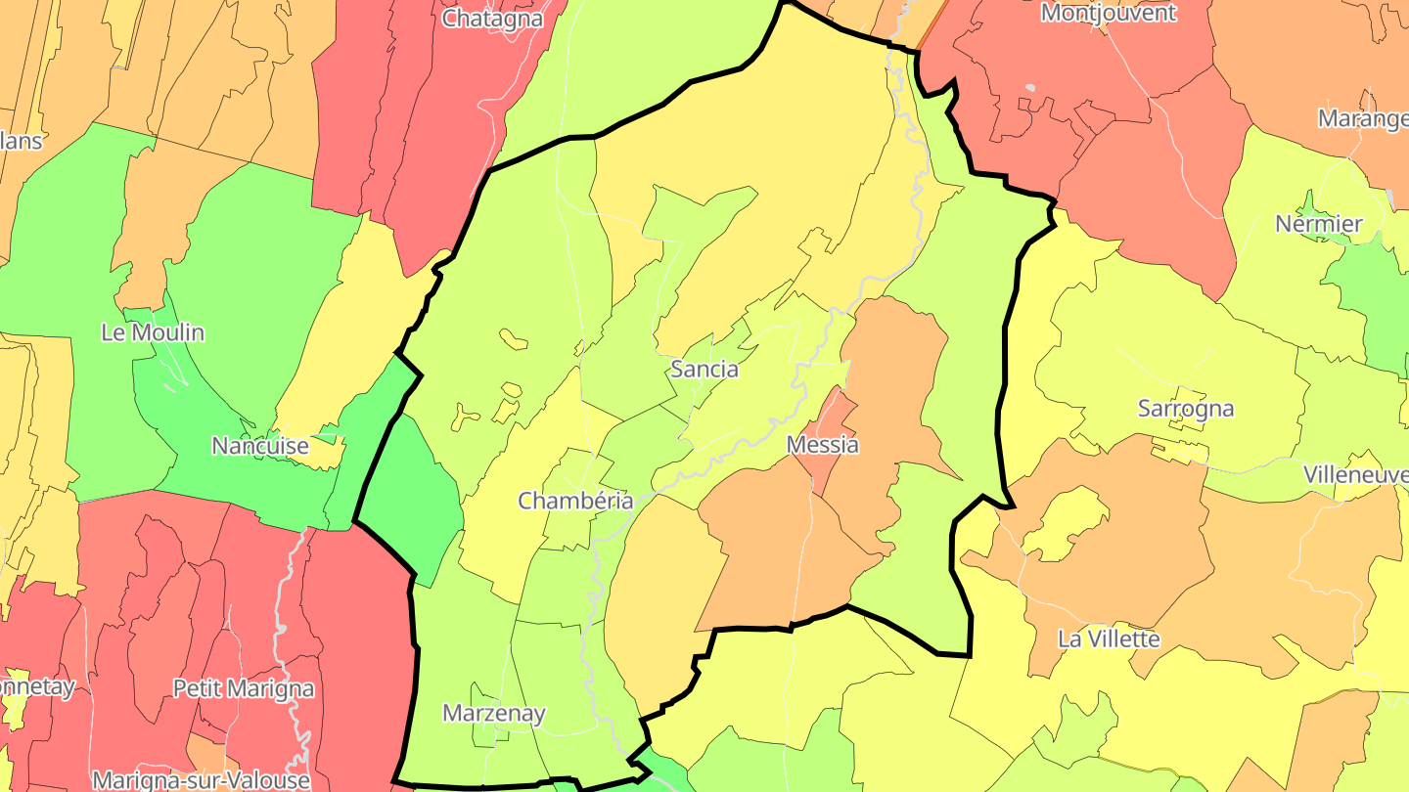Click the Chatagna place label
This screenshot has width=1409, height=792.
pos(491,18)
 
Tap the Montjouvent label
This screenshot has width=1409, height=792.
pos(1108,13)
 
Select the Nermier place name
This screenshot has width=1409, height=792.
pos(1318,224)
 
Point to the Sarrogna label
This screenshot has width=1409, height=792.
pos(1185,409)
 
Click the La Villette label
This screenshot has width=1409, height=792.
pos(1109,639)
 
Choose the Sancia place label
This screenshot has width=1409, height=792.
pos(704,370)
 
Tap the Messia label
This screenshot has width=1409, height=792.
pos(822,445)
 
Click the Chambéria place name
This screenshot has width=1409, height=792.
pos(574,501)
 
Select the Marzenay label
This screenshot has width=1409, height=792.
pos(493,713)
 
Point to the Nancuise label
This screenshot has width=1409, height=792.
pos(260,446)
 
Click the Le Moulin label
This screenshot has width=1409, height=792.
pos(153,332)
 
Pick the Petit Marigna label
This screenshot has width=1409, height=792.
pos(244,688)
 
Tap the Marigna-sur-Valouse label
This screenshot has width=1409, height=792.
pos(201,780)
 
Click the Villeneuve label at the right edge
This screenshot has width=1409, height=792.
pos(1356,474)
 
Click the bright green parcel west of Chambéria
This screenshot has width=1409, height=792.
pos(411,499)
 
